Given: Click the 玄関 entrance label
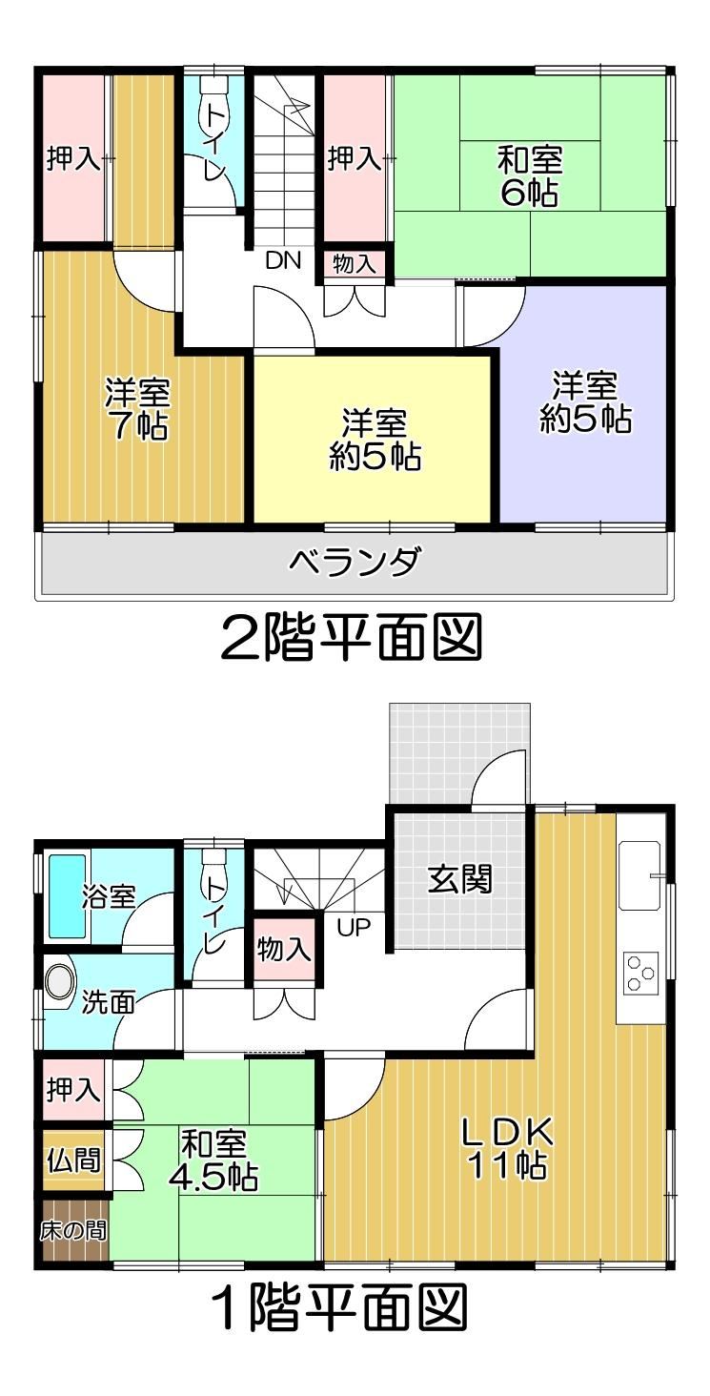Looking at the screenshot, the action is point(459,879).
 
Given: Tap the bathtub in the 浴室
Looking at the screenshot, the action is point(68,895).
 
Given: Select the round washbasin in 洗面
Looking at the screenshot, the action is point(60,982).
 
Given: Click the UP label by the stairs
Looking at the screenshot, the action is point(354,928).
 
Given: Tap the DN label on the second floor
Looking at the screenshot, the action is point(283,260).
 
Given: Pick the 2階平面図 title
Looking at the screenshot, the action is point(352,637).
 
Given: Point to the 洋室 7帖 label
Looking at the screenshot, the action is point(137,409).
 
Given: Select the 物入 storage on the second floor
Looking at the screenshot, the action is point(354,264).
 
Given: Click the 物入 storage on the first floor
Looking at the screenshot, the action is point(284,949).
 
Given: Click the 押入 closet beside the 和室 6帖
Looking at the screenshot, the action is point(355,157).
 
